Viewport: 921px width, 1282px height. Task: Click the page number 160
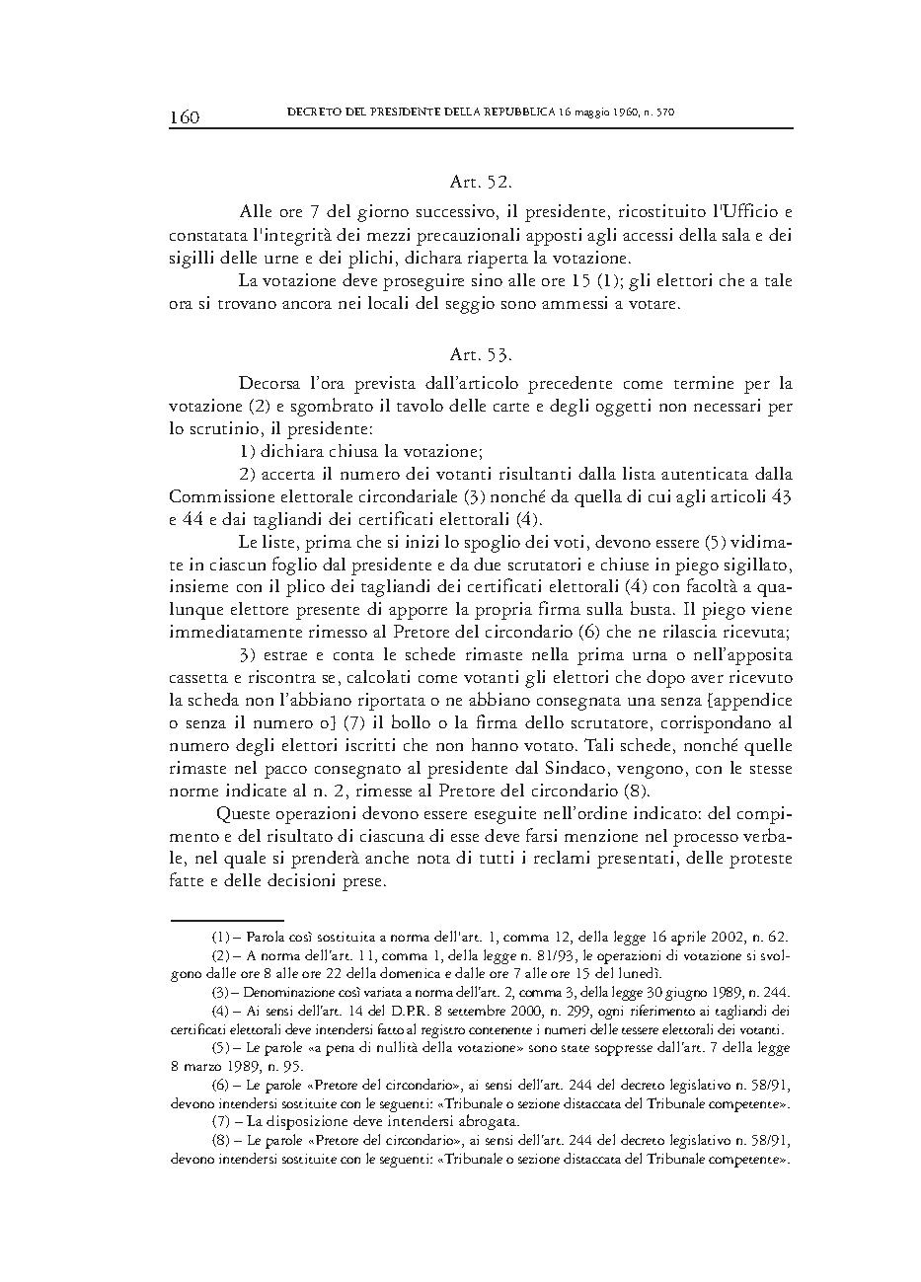(185, 117)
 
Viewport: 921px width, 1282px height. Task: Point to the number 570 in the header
(662, 113)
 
